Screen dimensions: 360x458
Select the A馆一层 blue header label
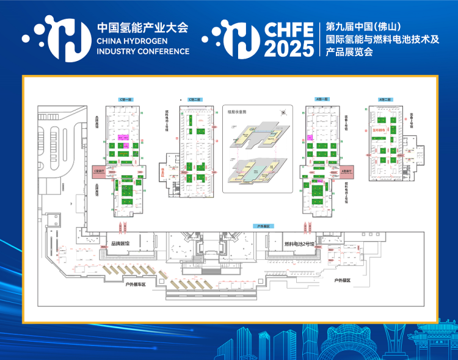322,99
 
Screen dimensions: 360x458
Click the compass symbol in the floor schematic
282,112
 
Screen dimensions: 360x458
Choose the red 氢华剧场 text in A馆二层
380,130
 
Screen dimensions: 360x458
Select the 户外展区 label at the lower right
342,280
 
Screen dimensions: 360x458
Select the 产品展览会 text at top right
349,52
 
